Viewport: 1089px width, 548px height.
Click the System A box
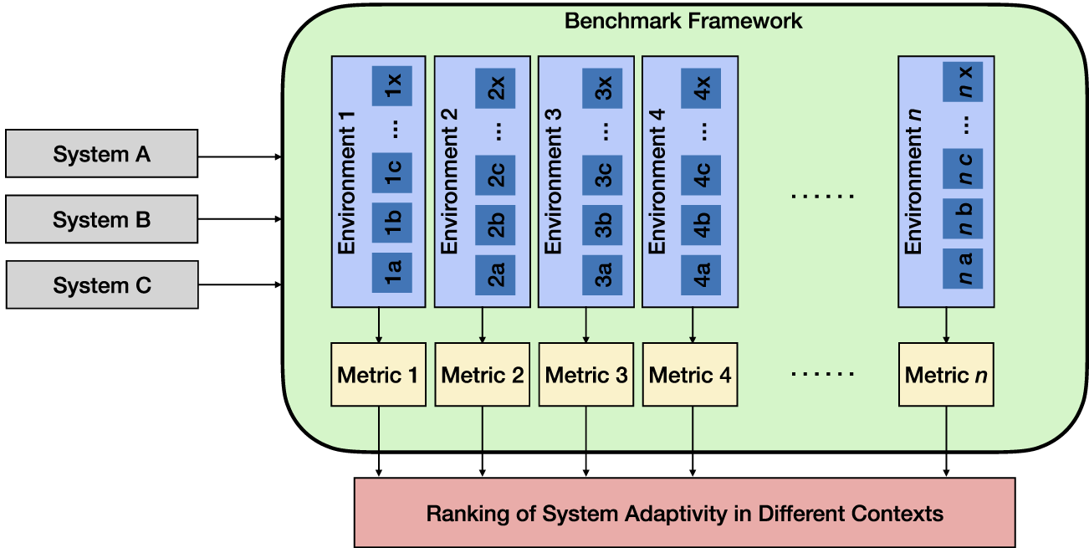(101, 154)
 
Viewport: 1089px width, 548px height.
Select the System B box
(101, 219)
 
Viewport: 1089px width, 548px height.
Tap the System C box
(101, 285)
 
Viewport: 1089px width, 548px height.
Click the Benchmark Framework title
(683, 21)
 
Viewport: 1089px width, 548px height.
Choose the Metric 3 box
(585, 375)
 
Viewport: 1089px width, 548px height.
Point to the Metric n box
(946, 375)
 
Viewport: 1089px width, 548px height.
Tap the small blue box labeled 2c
(495, 175)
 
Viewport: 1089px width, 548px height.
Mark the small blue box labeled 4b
(702, 223)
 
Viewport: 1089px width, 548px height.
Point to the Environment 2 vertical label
(450, 182)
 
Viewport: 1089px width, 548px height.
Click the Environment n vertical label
(914, 182)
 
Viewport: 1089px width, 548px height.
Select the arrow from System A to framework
(240, 156)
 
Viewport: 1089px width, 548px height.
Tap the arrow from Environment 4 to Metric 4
(693, 325)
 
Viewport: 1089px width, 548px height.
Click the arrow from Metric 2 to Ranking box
(482, 442)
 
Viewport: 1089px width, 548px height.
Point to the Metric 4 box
(690, 375)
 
